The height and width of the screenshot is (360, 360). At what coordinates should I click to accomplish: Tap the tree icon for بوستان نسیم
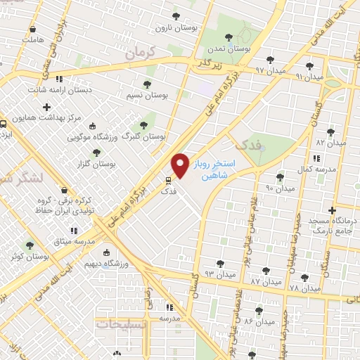[x=147, y=83]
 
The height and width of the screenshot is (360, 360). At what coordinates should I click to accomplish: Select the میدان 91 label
[x=309, y=76]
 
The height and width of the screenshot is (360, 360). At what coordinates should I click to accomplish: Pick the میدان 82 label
[x=331, y=143]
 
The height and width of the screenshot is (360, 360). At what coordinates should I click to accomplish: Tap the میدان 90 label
[x=279, y=188]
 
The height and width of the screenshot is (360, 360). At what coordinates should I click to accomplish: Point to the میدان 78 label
[x=304, y=288]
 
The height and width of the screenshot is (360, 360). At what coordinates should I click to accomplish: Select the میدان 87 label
[x=266, y=281]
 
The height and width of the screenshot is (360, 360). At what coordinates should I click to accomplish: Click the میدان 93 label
[x=219, y=274]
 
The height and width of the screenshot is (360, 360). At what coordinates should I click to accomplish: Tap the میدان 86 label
[x=259, y=321]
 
